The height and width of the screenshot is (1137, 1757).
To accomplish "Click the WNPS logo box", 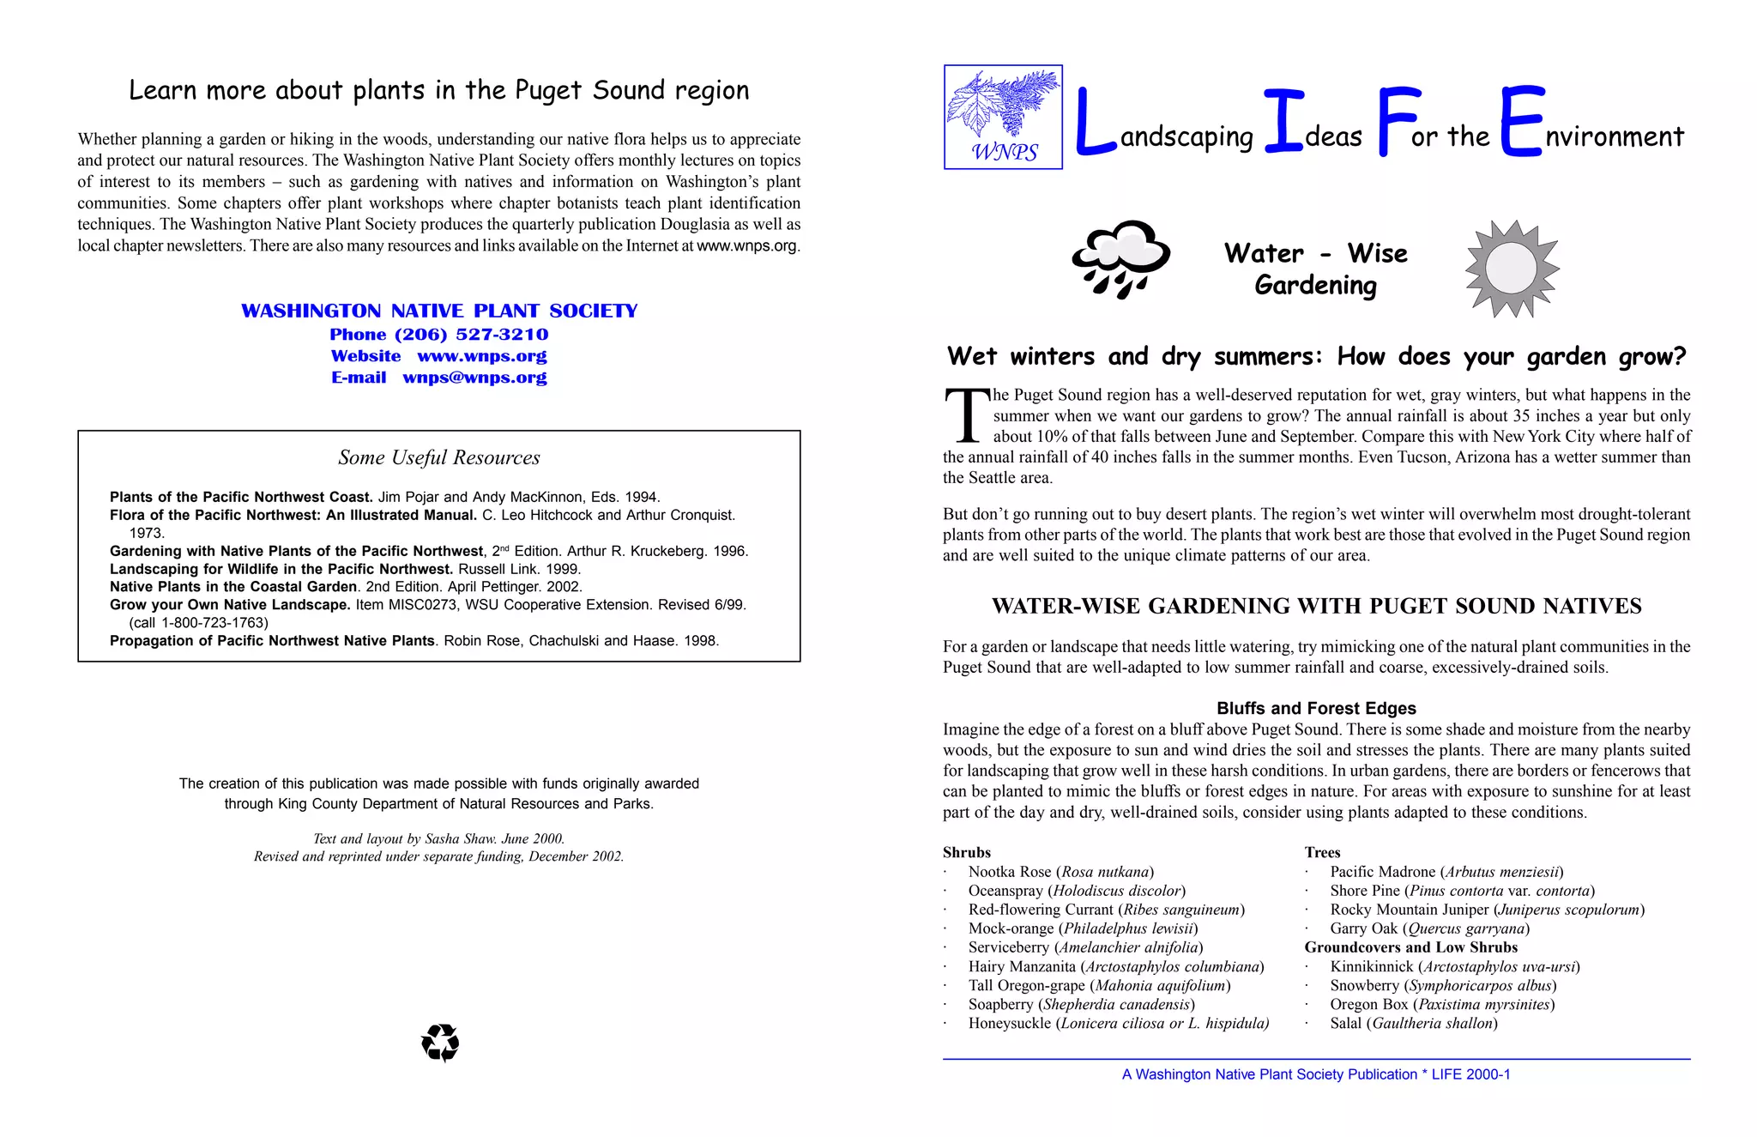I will (x=1003, y=117).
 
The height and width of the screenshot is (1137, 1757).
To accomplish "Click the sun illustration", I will (x=1512, y=269).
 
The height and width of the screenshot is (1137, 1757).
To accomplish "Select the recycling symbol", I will (x=440, y=1043).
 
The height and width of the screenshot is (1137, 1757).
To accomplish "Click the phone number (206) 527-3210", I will (x=471, y=335).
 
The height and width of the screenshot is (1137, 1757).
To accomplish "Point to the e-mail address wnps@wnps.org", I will (x=474, y=378).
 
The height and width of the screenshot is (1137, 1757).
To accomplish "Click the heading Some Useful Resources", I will (x=438, y=457).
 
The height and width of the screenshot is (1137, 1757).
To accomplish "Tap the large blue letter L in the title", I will (x=1096, y=124).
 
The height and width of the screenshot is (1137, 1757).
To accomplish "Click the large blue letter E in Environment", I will (x=1522, y=122).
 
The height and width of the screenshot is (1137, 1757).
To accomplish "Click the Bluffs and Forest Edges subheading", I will (x=1316, y=708).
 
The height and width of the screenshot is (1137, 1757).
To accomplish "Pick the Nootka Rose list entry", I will (x=1060, y=872).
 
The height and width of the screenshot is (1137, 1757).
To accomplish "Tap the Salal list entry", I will (x=1413, y=1023).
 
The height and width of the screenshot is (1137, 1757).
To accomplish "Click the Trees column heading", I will (x=1322, y=852).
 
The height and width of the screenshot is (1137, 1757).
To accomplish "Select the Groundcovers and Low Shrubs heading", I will (x=1410, y=947).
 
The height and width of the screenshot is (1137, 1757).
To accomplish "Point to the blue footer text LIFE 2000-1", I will (x=1470, y=1074).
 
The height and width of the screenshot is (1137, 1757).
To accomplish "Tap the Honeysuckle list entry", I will (x=1118, y=1023).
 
